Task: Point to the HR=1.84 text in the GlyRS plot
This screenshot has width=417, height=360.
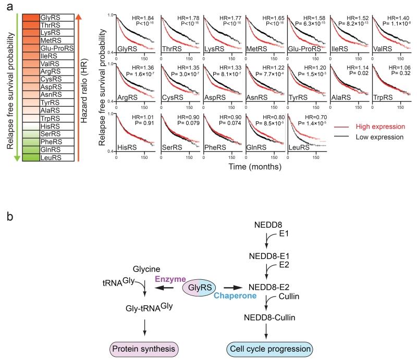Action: tap(145, 18)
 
